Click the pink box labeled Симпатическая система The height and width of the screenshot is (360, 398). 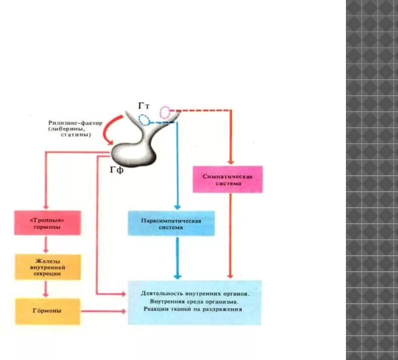[228, 179]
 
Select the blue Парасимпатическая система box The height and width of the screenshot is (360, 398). [171, 223]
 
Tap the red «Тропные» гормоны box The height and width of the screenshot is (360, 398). [48, 223]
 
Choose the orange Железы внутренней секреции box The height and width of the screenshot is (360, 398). [48, 267]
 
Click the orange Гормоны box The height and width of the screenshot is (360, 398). [48, 311]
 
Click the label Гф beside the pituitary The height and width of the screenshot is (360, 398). [116, 170]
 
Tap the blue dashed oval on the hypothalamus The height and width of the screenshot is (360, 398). [145, 119]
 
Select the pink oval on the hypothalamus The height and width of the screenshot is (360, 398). [165, 112]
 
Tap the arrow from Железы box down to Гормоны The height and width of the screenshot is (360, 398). [46, 288]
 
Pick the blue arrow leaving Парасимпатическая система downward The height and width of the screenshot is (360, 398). [177, 257]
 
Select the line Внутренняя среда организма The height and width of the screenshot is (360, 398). [194, 302]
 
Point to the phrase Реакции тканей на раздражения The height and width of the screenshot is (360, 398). [194, 309]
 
